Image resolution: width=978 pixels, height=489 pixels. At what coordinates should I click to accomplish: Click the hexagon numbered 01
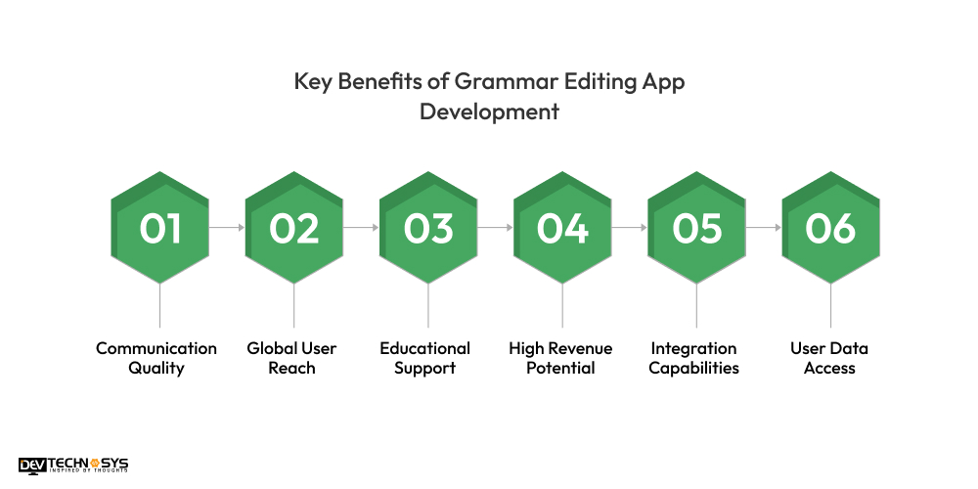tap(159, 228)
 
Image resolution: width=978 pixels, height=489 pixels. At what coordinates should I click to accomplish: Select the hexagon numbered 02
tap(293, 228)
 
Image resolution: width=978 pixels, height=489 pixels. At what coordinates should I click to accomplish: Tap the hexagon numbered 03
tap(428, 228)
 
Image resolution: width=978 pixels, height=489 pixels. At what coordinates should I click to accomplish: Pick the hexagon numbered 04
tap(562, 228)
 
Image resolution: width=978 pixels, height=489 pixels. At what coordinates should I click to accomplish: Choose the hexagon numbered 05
tap(696, 228)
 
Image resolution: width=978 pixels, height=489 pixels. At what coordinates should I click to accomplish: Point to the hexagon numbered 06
tap(830, 228)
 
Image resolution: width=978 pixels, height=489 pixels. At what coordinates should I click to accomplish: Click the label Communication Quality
tap(156, 358)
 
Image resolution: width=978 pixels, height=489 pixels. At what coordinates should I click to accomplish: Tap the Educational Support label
tap(425, 358)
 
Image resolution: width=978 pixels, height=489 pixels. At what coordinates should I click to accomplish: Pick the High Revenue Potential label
tap(561, 358)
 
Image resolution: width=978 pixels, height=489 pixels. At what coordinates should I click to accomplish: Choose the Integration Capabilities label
tap(694, 358)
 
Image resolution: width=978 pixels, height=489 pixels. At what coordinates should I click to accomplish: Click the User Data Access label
tap(829, 358)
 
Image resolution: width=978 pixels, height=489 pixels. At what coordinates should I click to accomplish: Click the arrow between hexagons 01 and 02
tap(227, 228)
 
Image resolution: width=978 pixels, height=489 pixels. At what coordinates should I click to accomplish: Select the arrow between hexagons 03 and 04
tap(495, 228)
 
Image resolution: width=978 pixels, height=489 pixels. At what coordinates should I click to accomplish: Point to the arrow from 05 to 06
tap(763, 228)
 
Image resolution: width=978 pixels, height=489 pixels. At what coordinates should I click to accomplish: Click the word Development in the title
tap(489, 111)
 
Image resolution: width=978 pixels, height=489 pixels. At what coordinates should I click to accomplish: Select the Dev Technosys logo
tap(73, 466)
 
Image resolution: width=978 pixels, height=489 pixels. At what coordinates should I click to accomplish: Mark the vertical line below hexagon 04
tap(562, 305)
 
